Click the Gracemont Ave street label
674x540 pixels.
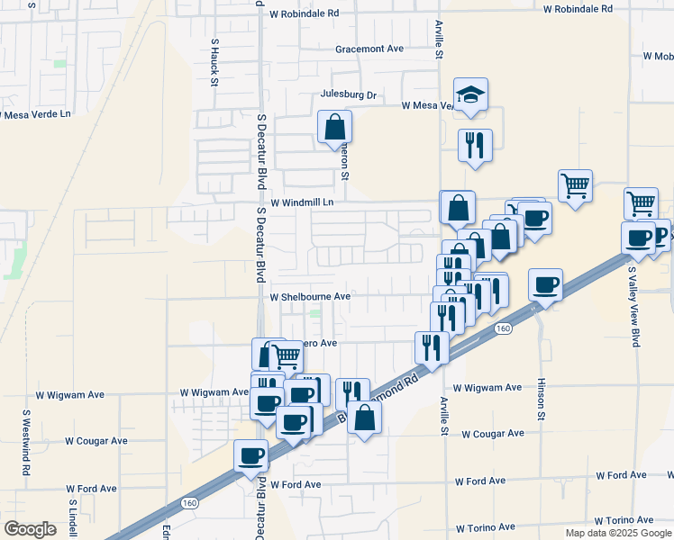[x=369, y=49]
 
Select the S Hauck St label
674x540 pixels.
[x=214, y=62]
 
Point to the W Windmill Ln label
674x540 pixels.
[x=302, y=202]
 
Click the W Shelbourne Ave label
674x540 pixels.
[x=310, y=296]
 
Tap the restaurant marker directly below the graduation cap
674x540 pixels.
[x=475, y=145]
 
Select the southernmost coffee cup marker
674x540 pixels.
[x=251, y=455]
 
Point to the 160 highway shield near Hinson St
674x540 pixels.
[x=503, y=329]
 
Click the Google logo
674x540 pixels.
[x=31, y=529]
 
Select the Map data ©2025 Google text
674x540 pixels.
[x=618, y=533]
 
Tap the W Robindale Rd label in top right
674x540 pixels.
[x=578, y=9]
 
